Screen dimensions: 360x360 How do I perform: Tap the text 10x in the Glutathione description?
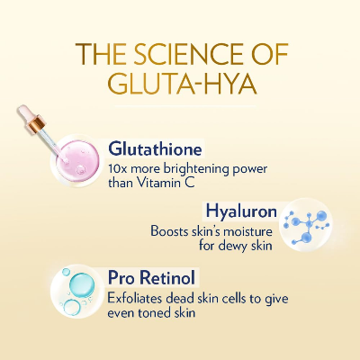(116, 167)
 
